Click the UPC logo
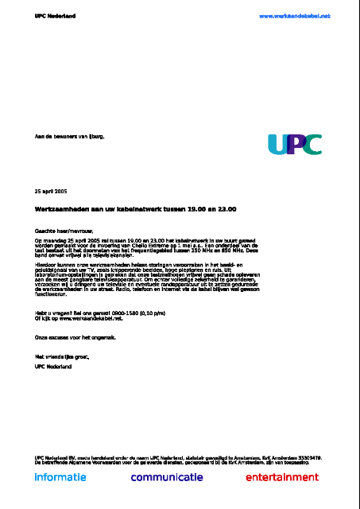[294, 143]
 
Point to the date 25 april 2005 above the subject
[51, 192]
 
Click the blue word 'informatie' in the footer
[60, 477]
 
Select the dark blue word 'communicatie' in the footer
[167, 477]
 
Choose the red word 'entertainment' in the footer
[281, 477]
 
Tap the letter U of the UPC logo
[278, 143]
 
